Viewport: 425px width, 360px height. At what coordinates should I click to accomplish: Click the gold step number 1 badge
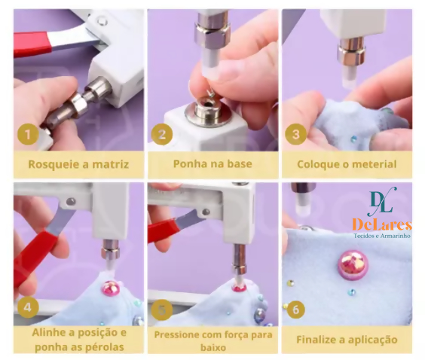coord(28,134)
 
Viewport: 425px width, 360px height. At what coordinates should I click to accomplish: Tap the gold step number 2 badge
coord(162,134)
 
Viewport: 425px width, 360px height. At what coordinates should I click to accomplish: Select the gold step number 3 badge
coord(295,134)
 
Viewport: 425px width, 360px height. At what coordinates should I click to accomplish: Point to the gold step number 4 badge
coord(28,308)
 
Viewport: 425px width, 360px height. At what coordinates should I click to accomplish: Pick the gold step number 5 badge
coord(162,310)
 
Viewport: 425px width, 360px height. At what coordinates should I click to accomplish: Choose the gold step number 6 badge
coord(295,310)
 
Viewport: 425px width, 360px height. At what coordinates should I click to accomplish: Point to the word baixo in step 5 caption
coord(213,347)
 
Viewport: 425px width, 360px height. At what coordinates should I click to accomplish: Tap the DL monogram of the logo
coord(384,201)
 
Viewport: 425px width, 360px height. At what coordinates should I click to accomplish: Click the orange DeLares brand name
coord(382,225)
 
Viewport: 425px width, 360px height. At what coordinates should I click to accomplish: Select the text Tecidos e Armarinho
coord(382,236)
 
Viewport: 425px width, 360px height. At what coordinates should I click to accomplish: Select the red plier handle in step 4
coord(37,258)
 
